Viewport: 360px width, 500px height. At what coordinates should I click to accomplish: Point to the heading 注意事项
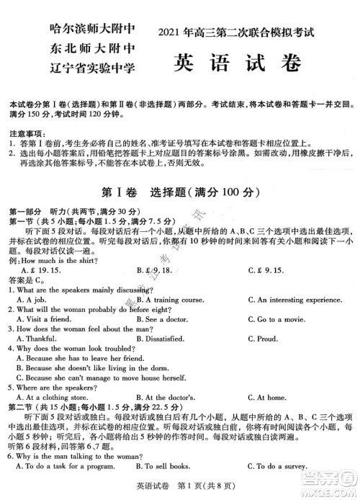24,135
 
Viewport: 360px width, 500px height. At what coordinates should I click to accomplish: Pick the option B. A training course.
170,299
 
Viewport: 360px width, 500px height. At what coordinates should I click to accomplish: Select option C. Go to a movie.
281,318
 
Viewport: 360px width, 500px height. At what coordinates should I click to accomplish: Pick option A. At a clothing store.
55,397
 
